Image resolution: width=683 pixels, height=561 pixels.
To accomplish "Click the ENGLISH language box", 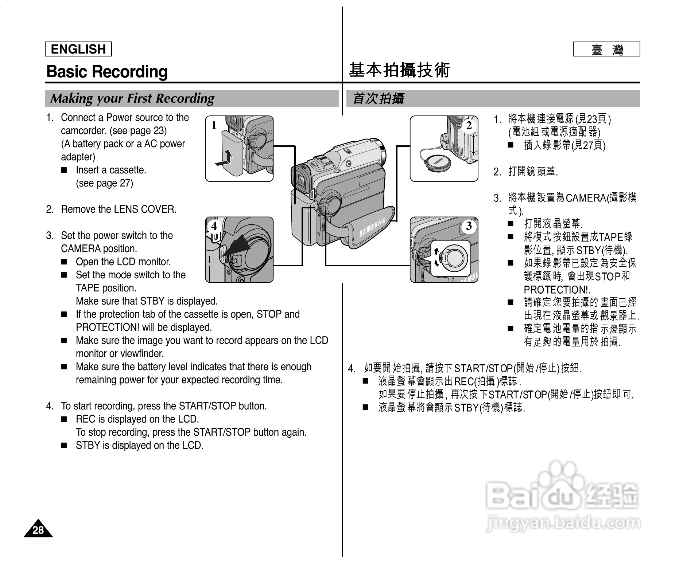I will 78,49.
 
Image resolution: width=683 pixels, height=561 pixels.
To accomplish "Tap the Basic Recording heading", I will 107,71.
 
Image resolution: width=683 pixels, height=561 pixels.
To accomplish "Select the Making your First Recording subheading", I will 132,98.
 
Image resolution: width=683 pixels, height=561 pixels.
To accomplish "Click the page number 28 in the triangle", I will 38,530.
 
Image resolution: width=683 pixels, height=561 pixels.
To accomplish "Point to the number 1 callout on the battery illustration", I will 214,125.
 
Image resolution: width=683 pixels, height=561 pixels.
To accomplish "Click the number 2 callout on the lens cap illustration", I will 469,125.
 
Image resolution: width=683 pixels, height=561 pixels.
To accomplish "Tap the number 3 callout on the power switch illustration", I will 469,226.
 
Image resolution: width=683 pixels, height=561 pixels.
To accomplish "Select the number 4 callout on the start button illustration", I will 214,226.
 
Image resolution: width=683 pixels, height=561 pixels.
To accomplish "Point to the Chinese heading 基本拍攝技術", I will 399,70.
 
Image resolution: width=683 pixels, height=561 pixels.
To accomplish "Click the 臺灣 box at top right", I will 606,49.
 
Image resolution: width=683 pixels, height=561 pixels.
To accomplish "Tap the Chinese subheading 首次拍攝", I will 378,98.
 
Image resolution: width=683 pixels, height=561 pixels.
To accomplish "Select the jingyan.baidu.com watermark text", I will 563,523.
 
